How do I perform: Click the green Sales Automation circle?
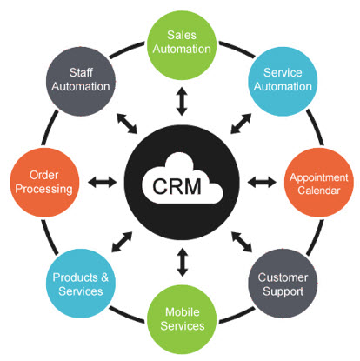coord(182,45)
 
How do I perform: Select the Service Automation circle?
coord(283,82)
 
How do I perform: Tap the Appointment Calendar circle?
coord(319,183)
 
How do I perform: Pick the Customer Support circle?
coord(283,284)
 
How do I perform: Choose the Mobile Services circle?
coord(182,319)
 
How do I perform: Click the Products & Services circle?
coord(81,284)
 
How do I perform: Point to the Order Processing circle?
coord(44,183)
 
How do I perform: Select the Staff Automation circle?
coord(81,82)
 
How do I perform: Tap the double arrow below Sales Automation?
coord(182,101)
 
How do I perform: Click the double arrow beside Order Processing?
coord(103,183)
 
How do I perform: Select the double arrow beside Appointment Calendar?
coord(262,183)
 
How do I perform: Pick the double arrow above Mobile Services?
coord(183,262)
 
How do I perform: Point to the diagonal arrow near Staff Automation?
coord(127,124)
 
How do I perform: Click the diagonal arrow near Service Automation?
coord(241,124)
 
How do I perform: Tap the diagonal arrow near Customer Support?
coord(242,242)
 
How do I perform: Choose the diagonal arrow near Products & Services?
coord(122,242)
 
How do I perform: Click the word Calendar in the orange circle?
coord(319,191)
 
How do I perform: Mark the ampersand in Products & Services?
coord(104,277)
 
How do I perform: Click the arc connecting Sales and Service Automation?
coord(237,49)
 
